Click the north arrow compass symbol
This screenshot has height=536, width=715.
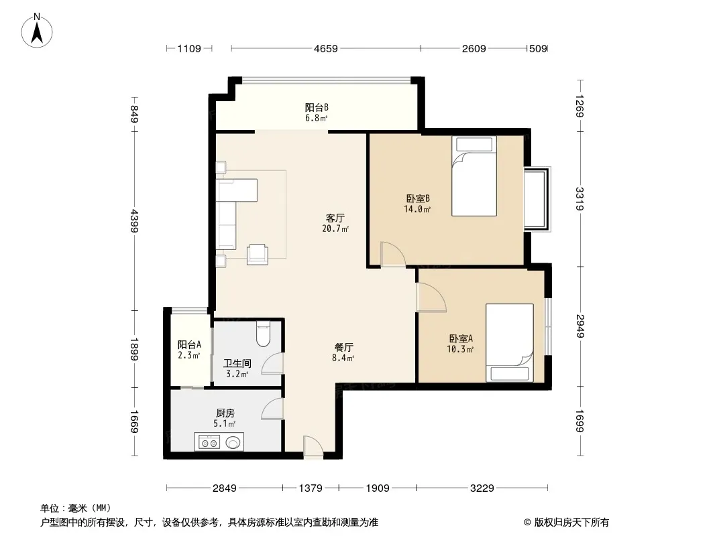click(37, 31)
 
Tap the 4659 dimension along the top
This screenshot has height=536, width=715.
click(325, 48)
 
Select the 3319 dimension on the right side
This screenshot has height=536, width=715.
click(580, 199)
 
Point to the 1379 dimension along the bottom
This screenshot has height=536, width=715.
click(311, 488)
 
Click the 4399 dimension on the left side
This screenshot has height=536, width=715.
click(134, 220)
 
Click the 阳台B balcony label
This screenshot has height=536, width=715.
click(317, 107)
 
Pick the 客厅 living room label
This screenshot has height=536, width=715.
click(335, 218)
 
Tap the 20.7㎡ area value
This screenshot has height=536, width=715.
click(335, 228)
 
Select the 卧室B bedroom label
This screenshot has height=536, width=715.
click(418, 198)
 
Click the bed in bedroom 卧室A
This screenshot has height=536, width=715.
click(509, 342)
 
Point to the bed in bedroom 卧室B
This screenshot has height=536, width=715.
click(474, 176)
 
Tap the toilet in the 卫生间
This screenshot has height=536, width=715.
click(263, 334)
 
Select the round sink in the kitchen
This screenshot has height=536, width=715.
click(233, 442)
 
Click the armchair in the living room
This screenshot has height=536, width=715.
click(257, 254)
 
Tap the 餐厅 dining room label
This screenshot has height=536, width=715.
click(343, 348)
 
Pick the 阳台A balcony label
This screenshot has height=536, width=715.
click(189, 345)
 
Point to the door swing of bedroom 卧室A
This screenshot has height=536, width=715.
click(431, 297)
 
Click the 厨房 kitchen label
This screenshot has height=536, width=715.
click(225, 413)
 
